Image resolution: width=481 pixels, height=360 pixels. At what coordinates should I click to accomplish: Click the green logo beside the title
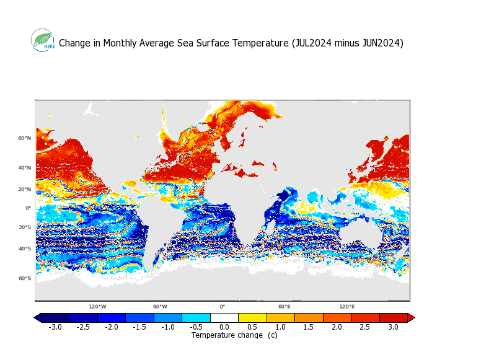[43, 40]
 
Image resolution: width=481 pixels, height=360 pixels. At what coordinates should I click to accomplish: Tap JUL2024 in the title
[312, 43]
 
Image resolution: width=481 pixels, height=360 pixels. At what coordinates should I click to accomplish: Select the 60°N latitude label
[24, 138]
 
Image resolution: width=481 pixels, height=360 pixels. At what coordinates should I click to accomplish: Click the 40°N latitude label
[24, 168]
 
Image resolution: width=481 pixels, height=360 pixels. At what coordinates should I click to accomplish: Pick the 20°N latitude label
[24, 189]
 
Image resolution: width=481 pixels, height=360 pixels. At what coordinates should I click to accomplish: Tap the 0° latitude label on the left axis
[28, 209]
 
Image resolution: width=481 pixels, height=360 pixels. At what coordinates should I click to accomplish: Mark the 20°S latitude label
[24, 227]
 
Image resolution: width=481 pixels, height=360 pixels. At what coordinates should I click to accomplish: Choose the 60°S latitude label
[24, 278]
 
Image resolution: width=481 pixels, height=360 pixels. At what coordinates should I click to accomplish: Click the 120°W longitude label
[97, 307]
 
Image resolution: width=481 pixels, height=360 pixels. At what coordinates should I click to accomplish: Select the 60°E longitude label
[284, 307]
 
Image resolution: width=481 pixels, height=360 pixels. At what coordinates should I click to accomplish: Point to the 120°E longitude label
[346, 307]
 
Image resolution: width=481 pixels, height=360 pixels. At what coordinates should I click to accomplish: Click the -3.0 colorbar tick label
[55, 327]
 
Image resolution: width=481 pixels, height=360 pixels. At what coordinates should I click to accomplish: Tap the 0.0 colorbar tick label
[224, 327]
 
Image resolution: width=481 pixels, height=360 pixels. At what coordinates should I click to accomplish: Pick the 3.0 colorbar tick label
[393, 327]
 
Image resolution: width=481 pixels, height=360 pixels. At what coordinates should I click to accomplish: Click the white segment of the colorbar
[224, 318]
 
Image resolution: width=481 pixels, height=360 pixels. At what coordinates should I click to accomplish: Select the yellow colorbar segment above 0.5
[252, 318]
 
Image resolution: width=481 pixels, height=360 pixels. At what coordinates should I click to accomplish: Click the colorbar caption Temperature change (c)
[234, 335]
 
